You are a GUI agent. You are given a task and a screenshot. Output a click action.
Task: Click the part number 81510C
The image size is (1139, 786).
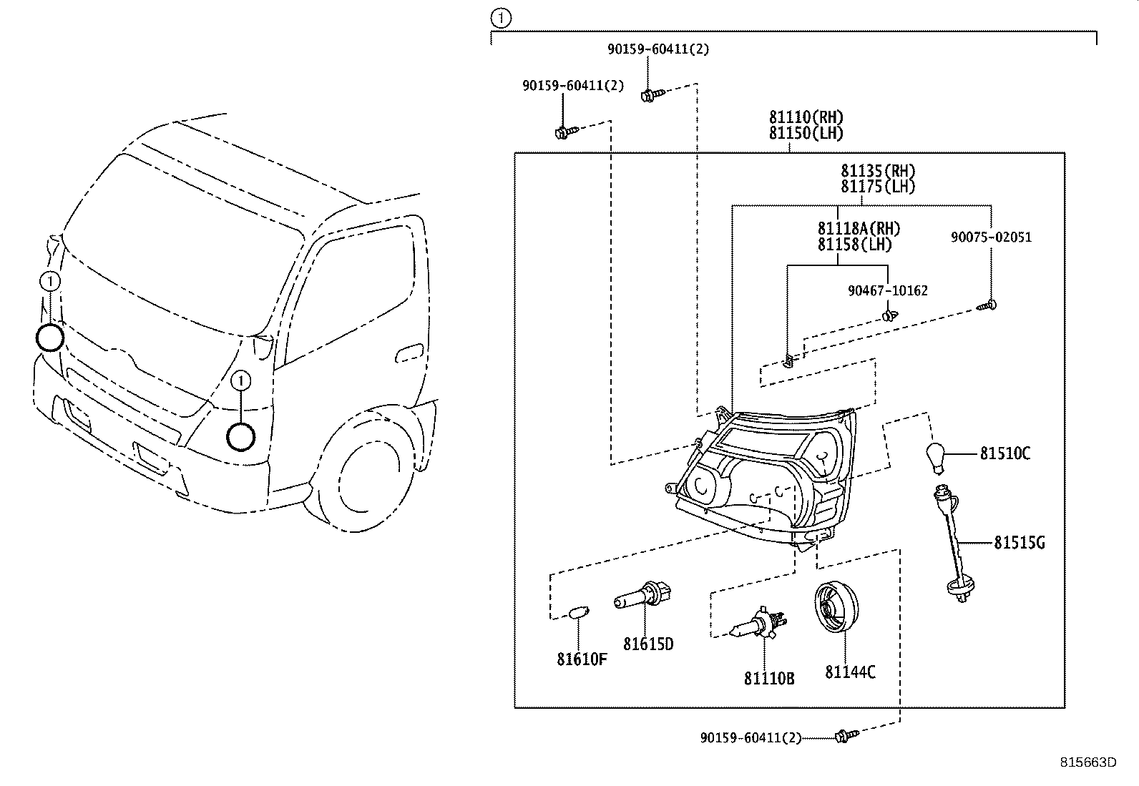tap(1004, 453)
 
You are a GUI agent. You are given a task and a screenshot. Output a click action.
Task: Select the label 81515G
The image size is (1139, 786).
tap(1019, 543)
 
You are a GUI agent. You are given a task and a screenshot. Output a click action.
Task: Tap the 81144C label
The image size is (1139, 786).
tap(850, 672)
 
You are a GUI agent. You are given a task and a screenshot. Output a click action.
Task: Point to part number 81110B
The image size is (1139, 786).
tap(769, 679)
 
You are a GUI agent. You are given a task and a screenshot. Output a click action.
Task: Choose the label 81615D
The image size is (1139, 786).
tap(648, 644)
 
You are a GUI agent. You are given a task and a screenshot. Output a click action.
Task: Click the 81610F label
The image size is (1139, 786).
tap(582, 659)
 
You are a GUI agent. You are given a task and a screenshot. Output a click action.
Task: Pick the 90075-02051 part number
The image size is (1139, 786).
tap(991, 237)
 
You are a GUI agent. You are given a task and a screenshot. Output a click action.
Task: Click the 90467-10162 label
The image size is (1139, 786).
tap(887, 291)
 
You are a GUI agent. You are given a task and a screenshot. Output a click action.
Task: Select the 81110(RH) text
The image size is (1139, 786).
tap(806, 117)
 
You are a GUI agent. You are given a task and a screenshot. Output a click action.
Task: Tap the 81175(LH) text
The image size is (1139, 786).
tap(878, 187)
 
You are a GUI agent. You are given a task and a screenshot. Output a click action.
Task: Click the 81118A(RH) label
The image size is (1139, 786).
tap(859, 229)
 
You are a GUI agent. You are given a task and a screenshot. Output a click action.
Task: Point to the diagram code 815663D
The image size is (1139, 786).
tap(1087, 762)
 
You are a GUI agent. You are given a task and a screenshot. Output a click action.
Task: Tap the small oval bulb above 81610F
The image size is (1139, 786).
tap(577, 613)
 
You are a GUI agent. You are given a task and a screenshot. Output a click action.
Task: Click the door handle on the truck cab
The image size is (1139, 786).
tap(409, 352)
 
